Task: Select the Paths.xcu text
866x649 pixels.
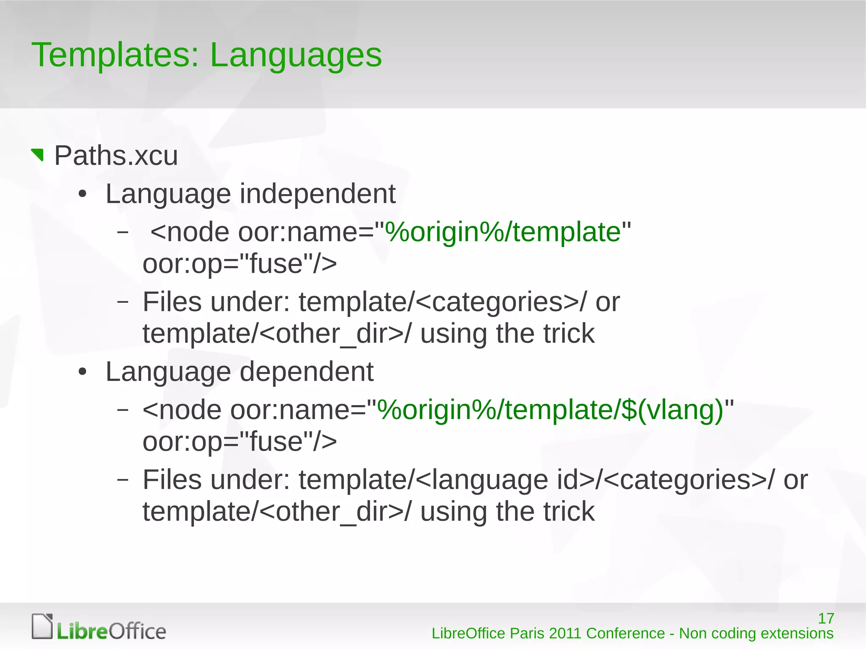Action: (x=116, y=156)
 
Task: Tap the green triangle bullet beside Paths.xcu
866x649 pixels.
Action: (x=38, y=154)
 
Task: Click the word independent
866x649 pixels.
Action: (x=318, y=194)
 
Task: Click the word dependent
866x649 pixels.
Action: (x=307, y=372)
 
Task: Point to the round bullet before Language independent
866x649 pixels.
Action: (x=82, y=195)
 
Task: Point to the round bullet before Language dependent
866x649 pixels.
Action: (x=82, y=372)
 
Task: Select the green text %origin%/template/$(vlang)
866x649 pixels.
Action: (x=550, y=410)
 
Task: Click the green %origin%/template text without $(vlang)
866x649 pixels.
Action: (x=503, y=232)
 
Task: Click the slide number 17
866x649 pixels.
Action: (x=826, y=619)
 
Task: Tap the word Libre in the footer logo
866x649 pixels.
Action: (x=82, y=631)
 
